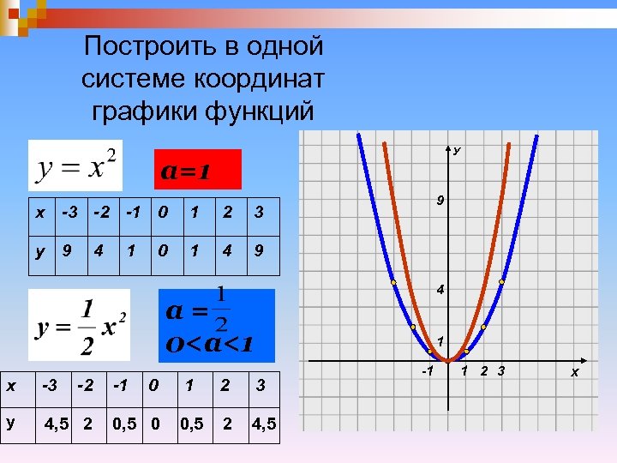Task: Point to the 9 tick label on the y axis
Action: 439,201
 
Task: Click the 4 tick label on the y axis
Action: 439,291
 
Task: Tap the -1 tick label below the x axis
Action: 427,371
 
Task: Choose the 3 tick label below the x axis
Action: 501,370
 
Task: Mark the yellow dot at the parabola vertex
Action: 447,360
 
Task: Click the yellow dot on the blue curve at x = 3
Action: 501,281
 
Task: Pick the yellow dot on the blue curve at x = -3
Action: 393,281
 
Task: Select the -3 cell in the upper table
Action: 68,210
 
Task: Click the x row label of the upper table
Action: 39,211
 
